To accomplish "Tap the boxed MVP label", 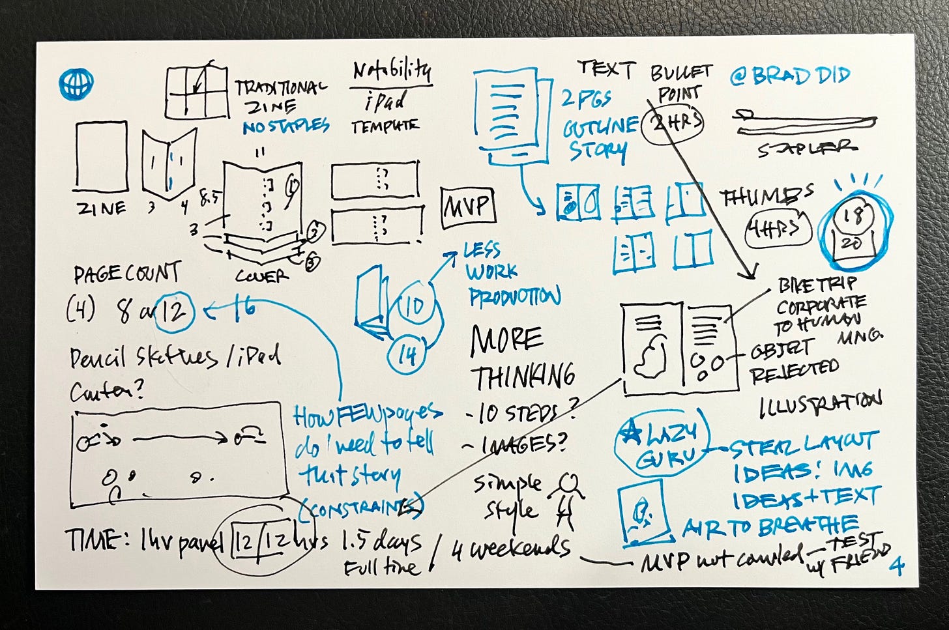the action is (x=468, y=208).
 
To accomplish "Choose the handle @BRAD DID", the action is (x=790, y=76).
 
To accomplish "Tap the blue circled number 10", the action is (x=415, y=306).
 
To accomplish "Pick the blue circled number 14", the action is (x=407, y=356).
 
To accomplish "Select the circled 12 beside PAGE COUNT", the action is (x=174, y=312).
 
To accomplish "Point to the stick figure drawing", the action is (x=565, y=498).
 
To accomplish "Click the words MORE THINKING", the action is (x=521, y=358).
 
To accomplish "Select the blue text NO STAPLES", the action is (x=285, y=126).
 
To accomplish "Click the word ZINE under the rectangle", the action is (x=101, y=208).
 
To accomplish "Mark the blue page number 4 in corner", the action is (x=897, y=566).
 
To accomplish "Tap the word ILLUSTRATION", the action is (x=819, y=405).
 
